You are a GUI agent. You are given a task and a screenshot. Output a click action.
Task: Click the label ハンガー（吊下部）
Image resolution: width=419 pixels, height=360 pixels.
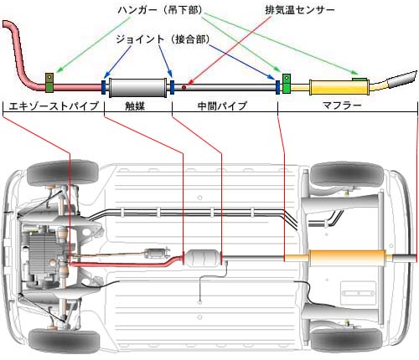[x=160, y=11]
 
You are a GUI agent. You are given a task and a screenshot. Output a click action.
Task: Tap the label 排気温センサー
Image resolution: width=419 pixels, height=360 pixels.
[x=300, y=10]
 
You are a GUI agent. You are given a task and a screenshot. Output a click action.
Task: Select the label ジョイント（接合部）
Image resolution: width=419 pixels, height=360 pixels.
[x=163, y=39]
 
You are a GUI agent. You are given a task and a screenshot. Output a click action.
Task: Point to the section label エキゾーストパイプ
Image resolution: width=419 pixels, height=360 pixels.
[x=54, y=106]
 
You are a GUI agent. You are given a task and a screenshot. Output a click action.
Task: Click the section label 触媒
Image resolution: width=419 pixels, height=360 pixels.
[x=135, y=106]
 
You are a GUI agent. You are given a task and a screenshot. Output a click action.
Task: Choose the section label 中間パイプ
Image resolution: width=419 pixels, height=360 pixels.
[x=222, y=106]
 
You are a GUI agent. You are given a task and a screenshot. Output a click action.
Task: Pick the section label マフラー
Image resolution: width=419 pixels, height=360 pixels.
[x=342, y=105]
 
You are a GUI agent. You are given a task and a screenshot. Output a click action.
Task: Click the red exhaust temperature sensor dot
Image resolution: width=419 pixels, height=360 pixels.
[x=184, y=87]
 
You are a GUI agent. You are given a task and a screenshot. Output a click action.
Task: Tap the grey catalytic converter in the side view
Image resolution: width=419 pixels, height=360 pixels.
[x=137, y=88]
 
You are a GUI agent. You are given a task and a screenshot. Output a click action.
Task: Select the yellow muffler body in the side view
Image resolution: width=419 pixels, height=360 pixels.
[x=339, y=87]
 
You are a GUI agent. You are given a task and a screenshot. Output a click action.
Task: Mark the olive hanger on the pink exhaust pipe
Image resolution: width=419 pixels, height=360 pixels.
[x=49, y=83]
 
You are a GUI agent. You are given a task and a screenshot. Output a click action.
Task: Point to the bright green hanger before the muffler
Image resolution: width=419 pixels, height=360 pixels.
[x=287, y=84]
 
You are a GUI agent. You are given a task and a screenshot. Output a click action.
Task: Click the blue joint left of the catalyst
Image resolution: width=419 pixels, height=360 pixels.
[x=103, y=87]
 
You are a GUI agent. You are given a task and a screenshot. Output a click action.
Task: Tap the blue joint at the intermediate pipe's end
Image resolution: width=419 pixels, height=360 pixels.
[x=278, y=87]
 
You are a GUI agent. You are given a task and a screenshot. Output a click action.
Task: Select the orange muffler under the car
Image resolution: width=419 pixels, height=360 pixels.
[x=347, y=258]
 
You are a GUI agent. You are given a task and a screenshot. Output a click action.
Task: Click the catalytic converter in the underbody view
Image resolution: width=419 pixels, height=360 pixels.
[x=202, y=258]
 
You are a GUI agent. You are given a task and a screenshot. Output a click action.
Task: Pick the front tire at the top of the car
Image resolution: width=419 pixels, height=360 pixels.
[x=63, y=173]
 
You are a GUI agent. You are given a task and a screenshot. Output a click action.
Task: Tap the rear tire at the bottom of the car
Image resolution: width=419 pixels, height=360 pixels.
[x=346, y=340]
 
